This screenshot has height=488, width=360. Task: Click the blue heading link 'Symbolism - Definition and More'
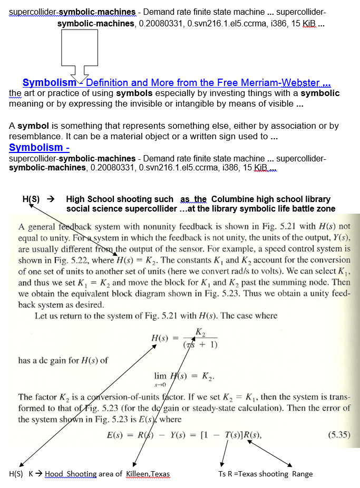[x=177, y=83]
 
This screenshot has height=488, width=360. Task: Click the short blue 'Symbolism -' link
[x=39, y=148]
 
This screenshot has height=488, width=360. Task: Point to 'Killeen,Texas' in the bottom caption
[x=148, y=474]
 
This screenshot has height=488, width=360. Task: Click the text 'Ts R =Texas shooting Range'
[x=265, y=474]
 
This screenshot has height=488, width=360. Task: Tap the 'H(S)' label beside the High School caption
[x=31, y=199]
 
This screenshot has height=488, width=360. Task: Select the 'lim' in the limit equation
[x=160, y=376]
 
